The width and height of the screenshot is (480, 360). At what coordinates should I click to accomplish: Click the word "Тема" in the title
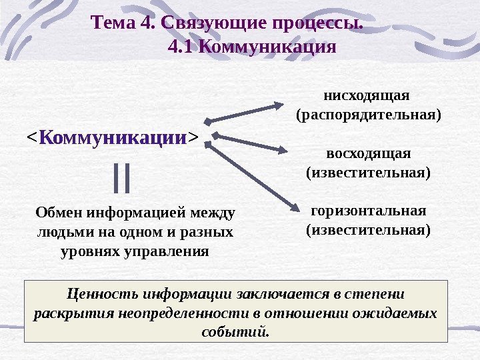click(115, 25)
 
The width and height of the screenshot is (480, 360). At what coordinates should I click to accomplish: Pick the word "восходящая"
click(368, 153)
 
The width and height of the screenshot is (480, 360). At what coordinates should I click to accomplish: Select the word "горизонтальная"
click(368, 211)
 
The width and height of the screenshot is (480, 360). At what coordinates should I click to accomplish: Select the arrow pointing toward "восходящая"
click(253, 145)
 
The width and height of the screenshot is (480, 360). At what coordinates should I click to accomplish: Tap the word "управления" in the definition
click(173, 253)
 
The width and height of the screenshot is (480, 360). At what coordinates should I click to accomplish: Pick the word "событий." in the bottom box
click(237, 331)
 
